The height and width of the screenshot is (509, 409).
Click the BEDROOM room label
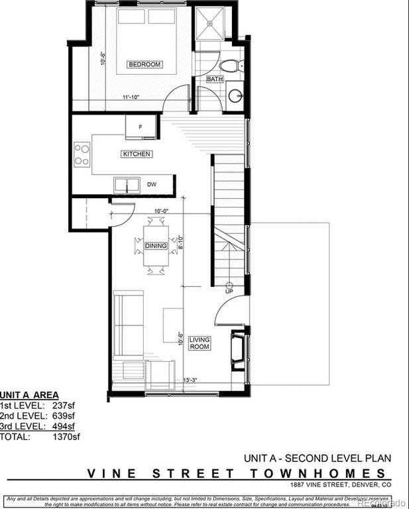[145, 65]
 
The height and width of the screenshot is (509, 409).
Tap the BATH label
[215, 79]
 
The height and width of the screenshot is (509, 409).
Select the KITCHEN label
[137, 154]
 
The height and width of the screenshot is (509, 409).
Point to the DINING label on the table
[156, 246]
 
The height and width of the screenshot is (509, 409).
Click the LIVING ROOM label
[199, 343]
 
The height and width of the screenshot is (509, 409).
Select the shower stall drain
[209, 23]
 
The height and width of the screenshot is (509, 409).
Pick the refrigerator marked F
[141, 127]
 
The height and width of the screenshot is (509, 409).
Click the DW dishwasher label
[151, 184]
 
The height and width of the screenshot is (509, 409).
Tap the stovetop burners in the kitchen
[82, 154]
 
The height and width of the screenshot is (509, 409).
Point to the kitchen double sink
[126, 184]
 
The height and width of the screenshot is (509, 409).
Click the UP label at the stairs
[229, 290]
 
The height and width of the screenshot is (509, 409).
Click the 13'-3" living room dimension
[190, 380]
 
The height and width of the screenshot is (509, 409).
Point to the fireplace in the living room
[237, 351]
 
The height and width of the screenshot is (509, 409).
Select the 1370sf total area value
[66, 437]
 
